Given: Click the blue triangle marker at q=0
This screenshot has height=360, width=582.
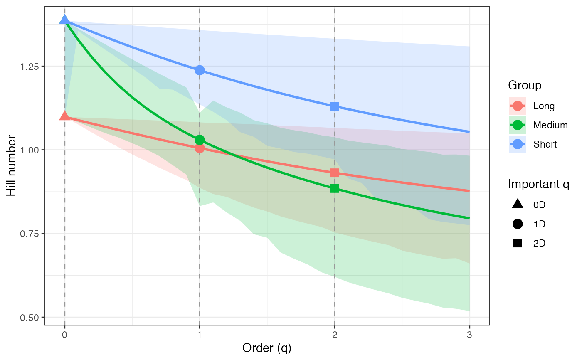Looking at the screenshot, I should (x=64, y=20).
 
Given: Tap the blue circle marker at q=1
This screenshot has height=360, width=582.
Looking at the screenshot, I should (x=200, y=70).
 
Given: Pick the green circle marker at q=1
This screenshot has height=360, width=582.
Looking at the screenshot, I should (x=200, y=140).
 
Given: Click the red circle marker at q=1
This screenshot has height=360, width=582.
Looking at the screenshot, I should (x=200, y=148).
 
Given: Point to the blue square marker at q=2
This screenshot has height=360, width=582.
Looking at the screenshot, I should (x=335, y=106).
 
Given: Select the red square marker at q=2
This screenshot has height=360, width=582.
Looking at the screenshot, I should (x=335, y=173).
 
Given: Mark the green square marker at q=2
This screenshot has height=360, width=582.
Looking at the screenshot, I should (x=335, y=189).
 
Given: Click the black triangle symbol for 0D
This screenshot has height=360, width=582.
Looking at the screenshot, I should (x=518, y=204).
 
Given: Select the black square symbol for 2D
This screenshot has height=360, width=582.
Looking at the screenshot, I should (x=518, y=243).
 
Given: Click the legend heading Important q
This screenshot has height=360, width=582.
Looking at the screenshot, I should (x=538, y=184).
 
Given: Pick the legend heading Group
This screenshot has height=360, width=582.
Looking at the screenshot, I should (x=525, y=86).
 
